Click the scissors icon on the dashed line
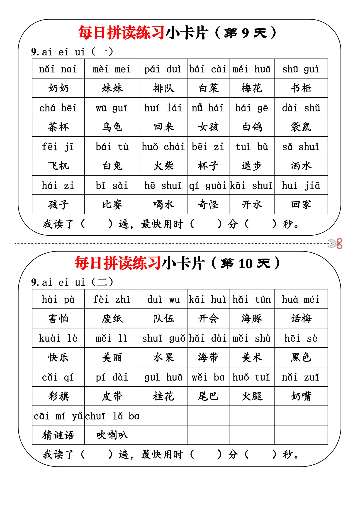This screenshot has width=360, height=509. click(x=336, y=244)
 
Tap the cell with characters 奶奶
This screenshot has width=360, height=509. click(x=58, y=88)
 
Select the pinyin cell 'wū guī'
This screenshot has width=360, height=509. click(x=112, y=108)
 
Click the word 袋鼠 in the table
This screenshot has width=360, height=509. click(x=301, y=127)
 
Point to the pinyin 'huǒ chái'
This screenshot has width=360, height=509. click(x=163, y=147)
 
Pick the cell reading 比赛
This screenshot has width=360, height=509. click(x=112, y=205)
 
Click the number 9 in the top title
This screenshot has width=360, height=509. click(x=245, y=33)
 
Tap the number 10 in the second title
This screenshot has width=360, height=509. click(x=246, y=264)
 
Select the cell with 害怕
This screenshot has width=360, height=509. click(x=58, y=319)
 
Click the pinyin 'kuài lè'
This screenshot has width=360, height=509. click(x=58, y=338)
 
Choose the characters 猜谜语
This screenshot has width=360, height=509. click(x=58, y=435)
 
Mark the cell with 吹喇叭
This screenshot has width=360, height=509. click(x=112, y=435)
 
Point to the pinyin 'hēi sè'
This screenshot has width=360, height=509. click(x=301, y=338)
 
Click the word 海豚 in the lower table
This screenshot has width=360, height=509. click(x=252, y=319)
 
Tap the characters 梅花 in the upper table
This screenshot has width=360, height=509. click(x=252, y=88)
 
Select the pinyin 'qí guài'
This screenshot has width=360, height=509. click(x=208, y=186)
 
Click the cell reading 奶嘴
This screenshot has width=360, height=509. click(x=301, y=396)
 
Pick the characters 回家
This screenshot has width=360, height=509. click(x=301, y=205)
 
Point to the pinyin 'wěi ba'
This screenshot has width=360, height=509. click(x=208, y=377)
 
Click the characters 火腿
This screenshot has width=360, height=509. click(x=252, y=396)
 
